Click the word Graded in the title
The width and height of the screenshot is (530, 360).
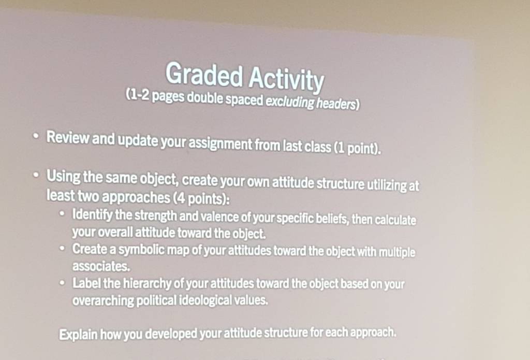pos(204,74)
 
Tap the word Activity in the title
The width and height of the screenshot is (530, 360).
pos(286,80)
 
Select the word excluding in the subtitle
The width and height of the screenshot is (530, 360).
pos(290,102)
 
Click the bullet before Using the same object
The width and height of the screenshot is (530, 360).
pos(36,175)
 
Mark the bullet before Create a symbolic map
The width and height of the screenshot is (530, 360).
pos(62,248)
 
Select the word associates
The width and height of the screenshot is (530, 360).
pos(101,266)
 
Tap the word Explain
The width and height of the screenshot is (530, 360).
pos(79,335)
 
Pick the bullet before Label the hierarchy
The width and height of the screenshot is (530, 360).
pos(62,282)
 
